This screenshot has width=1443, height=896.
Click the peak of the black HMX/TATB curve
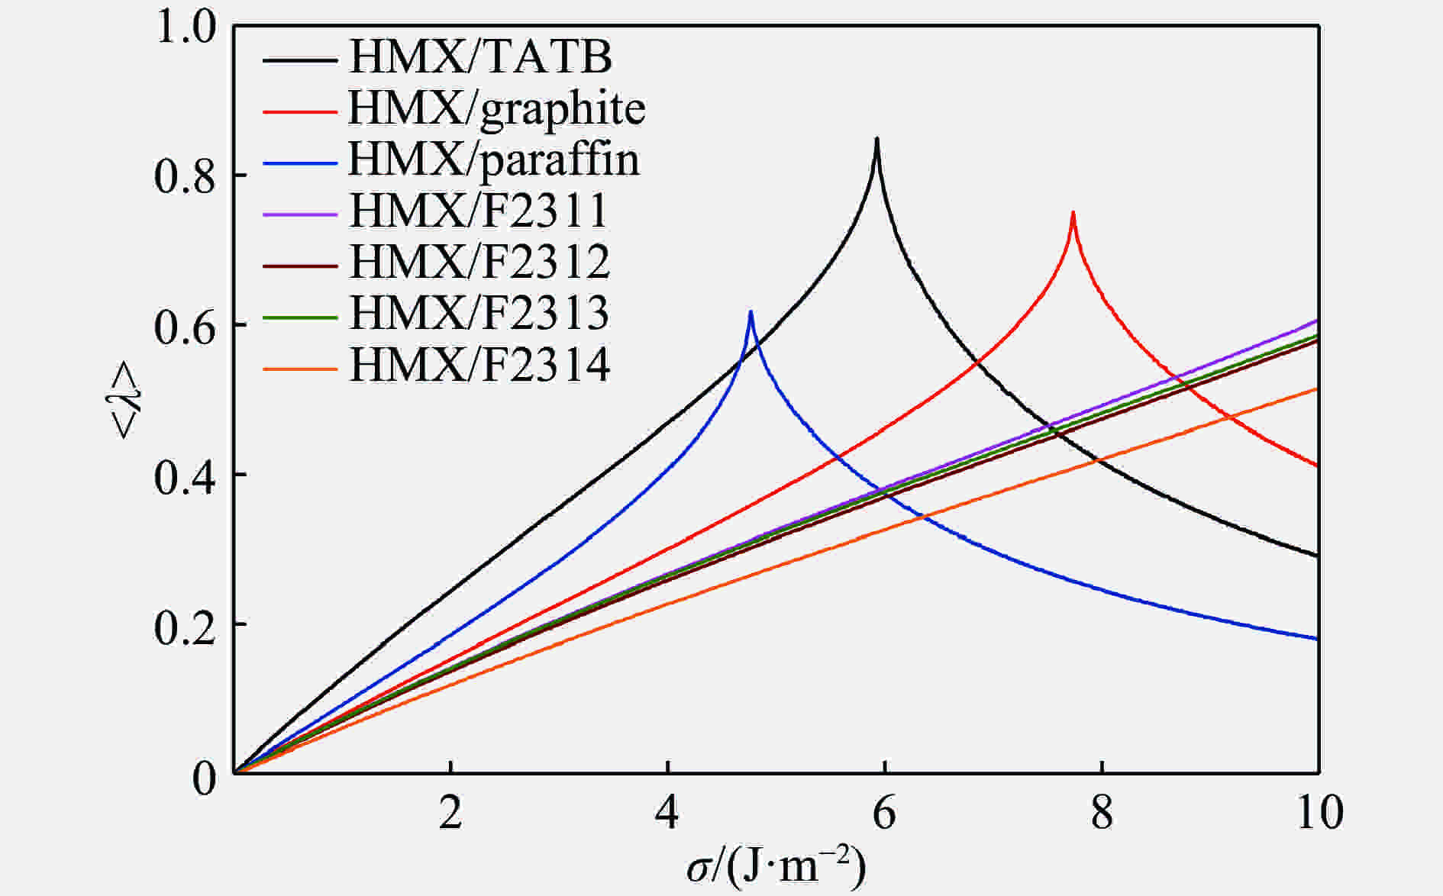click(x=876, y=140)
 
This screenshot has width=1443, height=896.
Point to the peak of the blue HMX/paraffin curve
click(x=751, y=312)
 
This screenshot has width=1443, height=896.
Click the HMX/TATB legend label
click(x=480, y=57)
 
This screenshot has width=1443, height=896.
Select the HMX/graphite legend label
click(x=497, y=109)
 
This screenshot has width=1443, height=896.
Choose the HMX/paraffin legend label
click(x=494, y=160)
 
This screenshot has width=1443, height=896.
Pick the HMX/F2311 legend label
click(x=479, y=211)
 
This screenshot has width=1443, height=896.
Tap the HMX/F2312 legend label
click(x=479, y=263)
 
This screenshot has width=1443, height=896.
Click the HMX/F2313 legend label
click(x=479, y=314)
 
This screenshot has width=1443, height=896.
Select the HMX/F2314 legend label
click(x=479, y=366)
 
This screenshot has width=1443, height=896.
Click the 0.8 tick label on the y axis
click(x=186, y=176)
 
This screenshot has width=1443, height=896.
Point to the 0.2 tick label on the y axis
click(x=186, y=625)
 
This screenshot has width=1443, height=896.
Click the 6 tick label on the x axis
click(x=883, y=814)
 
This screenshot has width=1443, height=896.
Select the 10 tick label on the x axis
click(x=1319, y=814)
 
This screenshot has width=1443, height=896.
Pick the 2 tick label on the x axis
click(x=450, y=814)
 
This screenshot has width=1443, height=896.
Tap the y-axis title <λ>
click(x=126, y=400)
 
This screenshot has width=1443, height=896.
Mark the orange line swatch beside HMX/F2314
click(x=299, y=369)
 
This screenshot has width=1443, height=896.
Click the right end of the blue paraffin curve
click(x=1317, y=639)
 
